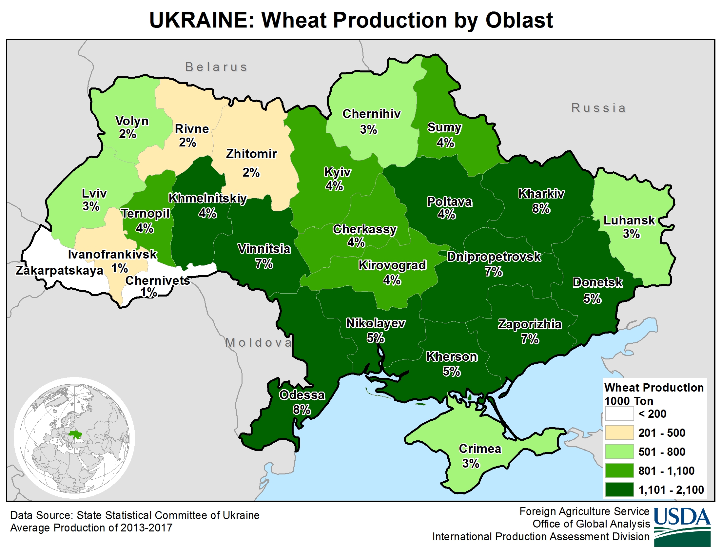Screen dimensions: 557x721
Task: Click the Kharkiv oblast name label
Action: (x=541, y=194)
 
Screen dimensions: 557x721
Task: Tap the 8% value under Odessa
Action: (x=302, y=410)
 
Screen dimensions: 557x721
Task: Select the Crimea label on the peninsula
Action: (x=480, y=449)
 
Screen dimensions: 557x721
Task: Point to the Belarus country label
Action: (x=216, y=67)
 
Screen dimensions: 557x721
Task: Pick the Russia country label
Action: (x=598, y=108)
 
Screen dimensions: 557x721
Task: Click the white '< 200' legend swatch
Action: (x=619, y=413)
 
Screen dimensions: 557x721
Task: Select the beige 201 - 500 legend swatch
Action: (x=619, y=432)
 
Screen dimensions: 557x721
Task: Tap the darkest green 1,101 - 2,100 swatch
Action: (x=619, y=490)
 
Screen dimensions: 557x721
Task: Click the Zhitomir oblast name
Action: (x=251, y=154)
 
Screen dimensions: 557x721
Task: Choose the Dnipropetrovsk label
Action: (x=494, y=257)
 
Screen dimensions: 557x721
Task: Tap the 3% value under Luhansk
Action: (x=631, y=234)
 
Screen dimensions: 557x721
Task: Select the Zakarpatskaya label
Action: (x=59, y=271)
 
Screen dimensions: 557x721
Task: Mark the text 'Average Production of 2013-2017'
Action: (x=91, y=528)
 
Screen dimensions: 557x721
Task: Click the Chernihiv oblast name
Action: (x=371, y=114)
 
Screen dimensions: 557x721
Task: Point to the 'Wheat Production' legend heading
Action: (x=654, y=387)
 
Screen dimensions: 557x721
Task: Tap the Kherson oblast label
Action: (x=451, y=357)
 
